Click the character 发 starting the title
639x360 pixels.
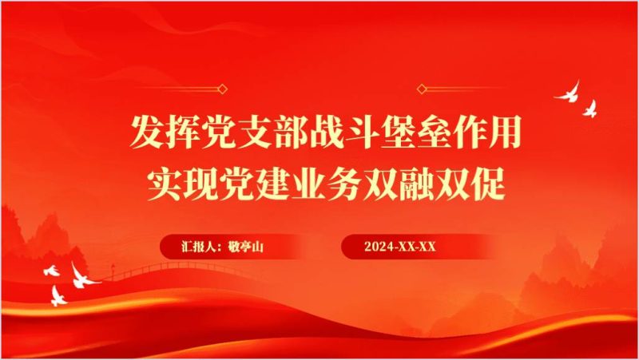tap(148, 132)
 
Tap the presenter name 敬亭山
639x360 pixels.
tap(247, 247)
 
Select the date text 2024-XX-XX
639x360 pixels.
tap(399, 247)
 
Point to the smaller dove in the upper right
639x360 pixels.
tap(591, 107)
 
